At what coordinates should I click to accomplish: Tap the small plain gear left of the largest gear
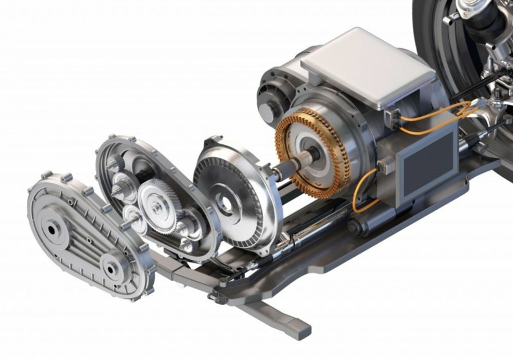click(131, 215)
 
